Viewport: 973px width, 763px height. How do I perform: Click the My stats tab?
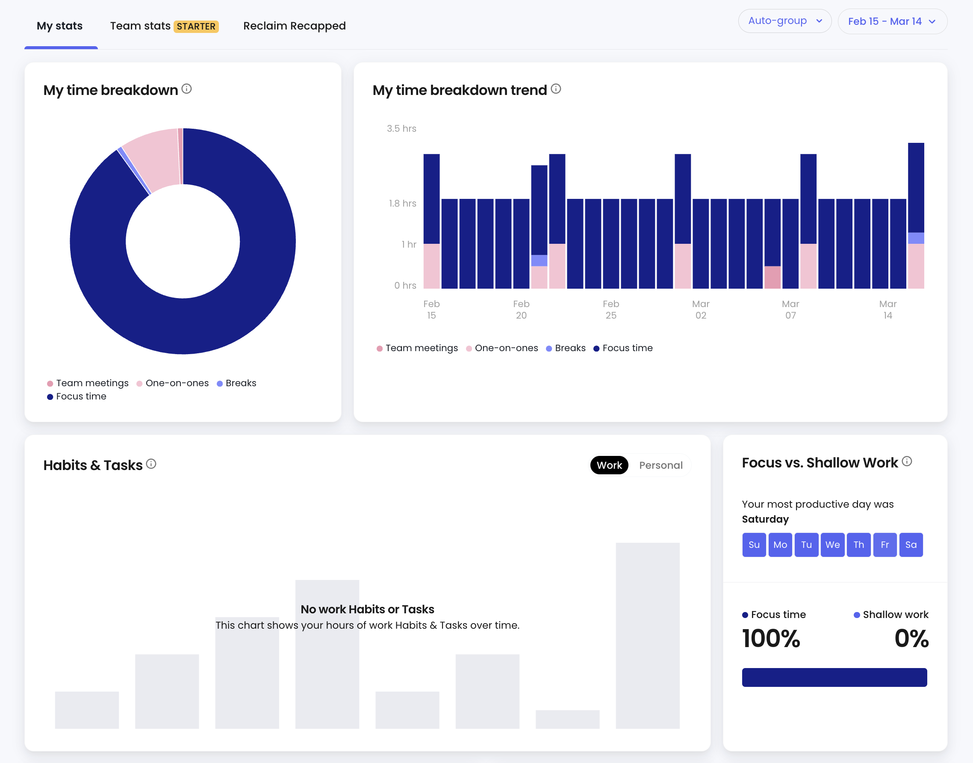[60, 26]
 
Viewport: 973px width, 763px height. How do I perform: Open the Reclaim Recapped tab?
[294, 26]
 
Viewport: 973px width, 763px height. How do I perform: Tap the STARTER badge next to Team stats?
[196, 27]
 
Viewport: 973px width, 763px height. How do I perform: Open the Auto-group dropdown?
[784, 21]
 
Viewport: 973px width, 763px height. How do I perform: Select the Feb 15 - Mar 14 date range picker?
[892, 21]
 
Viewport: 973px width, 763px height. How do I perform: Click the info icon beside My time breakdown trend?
[556, 89]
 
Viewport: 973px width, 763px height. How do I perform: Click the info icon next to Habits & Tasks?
[151, 464]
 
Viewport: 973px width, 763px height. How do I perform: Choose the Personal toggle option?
[660, 465]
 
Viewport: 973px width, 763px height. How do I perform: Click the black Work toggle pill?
[609, 465]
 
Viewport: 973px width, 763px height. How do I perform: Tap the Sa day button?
[911, 544]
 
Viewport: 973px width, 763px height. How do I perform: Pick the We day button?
[832, 544]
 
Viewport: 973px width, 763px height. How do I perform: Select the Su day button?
[754, 544]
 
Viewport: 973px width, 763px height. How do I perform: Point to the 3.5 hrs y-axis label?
[401, 129]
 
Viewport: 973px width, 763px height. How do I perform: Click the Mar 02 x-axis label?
[701, 310]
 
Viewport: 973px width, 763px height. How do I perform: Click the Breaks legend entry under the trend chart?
[566, 348]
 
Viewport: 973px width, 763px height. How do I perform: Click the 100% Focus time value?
[771, 639]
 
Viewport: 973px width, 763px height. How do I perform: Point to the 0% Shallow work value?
[911, 639]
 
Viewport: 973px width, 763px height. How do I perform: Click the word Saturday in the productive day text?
[765, 519]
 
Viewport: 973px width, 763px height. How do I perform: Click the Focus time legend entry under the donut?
[77, 396]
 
